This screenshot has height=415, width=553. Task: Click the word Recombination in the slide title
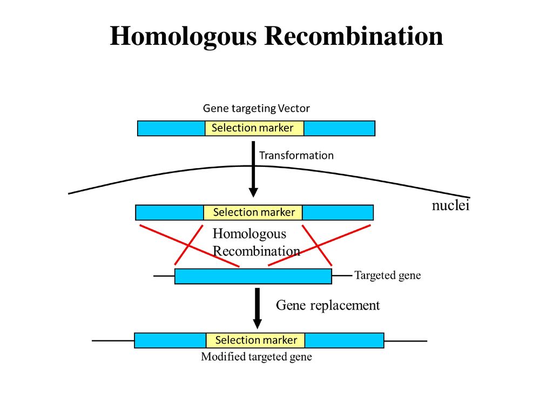(x=354, y=36)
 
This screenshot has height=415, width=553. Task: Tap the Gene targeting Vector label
(x=257, y=108)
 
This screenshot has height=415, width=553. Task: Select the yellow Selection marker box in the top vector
(x=254, y=128)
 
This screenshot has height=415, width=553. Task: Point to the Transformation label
(x=296, y=155)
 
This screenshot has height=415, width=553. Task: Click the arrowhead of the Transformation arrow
(x=253, y=193)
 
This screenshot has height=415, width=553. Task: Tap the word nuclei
(x=451, y=205)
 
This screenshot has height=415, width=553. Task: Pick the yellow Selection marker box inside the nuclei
(x=253, y=212)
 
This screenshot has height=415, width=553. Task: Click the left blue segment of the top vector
(x=171, y=128)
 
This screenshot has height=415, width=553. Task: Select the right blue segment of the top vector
(x=339, y=128)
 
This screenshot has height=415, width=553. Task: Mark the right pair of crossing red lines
(x=319, y=245)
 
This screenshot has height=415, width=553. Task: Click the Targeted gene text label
(x=388, y=275)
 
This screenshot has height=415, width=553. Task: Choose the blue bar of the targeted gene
(x=253, y=276)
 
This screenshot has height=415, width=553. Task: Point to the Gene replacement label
(x=328, y=305)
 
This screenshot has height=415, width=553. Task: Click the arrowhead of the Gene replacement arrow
(x=258, y=324)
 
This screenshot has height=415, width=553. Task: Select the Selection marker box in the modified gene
(x=255, y=340)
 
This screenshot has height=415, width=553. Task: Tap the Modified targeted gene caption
(x=257, y=357)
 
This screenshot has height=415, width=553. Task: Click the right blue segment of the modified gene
(x=344, y=340)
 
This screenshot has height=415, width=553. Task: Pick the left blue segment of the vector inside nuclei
(x=170, y=212)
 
